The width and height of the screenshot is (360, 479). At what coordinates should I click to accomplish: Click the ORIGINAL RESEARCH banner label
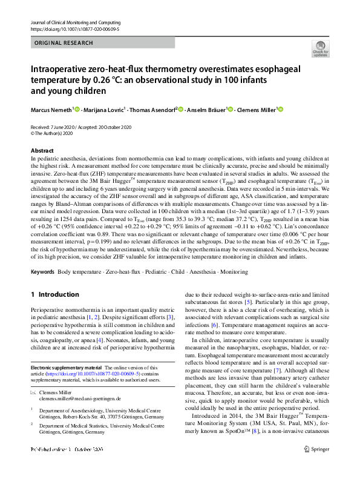coord(64,43)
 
